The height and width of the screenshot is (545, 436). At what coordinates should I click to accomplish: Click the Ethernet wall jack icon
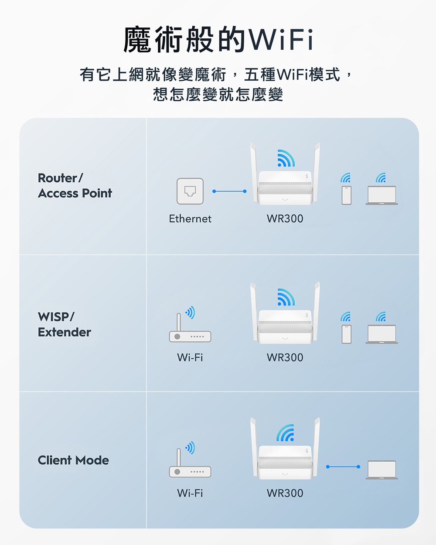(190, 191)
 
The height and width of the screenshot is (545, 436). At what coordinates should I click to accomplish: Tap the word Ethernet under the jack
(190, 219)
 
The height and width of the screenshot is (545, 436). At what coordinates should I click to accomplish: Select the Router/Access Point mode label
(75, 186)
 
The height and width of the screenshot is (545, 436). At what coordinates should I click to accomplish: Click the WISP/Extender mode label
(65, 324)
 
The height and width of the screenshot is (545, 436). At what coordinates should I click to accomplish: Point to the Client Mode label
(73, 460)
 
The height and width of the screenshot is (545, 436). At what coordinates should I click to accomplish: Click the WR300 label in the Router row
(285, 219)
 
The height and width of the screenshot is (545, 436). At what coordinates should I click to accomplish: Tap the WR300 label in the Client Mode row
(285, 494)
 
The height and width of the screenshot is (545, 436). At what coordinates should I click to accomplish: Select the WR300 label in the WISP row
(285, 358)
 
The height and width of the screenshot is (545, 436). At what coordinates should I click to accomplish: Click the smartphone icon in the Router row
(347, 195)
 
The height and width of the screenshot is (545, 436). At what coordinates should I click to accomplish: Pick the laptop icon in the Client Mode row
(382, 470)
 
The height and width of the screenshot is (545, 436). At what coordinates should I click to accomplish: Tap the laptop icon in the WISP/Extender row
(382, 334)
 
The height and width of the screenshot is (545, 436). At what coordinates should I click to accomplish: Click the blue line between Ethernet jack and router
(229, 191)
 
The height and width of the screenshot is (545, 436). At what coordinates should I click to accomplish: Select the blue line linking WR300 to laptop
(343, 467)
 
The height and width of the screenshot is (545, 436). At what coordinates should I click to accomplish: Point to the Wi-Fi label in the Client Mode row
(190, 494)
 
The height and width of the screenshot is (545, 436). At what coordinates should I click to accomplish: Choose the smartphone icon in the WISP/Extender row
(347, 334)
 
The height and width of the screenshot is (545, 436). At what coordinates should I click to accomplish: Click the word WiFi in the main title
(281, 40)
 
